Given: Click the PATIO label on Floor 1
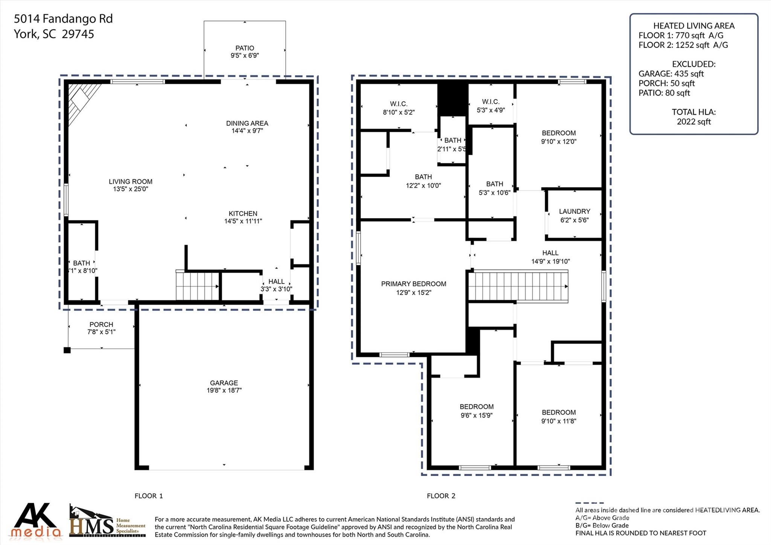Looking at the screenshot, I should click(x=245, y=48).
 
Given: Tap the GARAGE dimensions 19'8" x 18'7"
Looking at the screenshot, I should click(x=224, y=391).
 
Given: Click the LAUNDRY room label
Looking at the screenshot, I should click(x=574, y=212).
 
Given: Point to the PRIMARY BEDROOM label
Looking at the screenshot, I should click(x=413, y=284).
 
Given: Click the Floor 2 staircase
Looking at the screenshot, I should click(x=518, y=286).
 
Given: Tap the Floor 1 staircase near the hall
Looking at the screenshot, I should click(x=198, y=286).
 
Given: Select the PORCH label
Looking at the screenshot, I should click(x=101, y=325).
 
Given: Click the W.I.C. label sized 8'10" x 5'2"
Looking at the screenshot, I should click(x=399, y=104).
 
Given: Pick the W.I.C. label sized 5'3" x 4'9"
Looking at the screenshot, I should click(x=491, y=102).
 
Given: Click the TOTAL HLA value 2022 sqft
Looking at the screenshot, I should click(x=694, y=122).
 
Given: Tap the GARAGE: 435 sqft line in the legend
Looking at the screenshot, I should click(x=671, y=74).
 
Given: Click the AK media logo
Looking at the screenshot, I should click(x=36, y=521).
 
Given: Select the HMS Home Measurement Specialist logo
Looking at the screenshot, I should click(x=107, y=522).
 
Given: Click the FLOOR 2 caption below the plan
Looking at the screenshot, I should click(x=441, y=496).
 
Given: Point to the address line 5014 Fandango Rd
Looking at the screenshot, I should click(x=63, y=19).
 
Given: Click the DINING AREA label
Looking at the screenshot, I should click(x=247, y=124).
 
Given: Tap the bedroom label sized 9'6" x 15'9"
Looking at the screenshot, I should click(x=476, y=407).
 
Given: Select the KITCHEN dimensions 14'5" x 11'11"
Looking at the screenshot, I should click(x=243, y=221).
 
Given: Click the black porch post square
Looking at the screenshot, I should click(x=67, y=350).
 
